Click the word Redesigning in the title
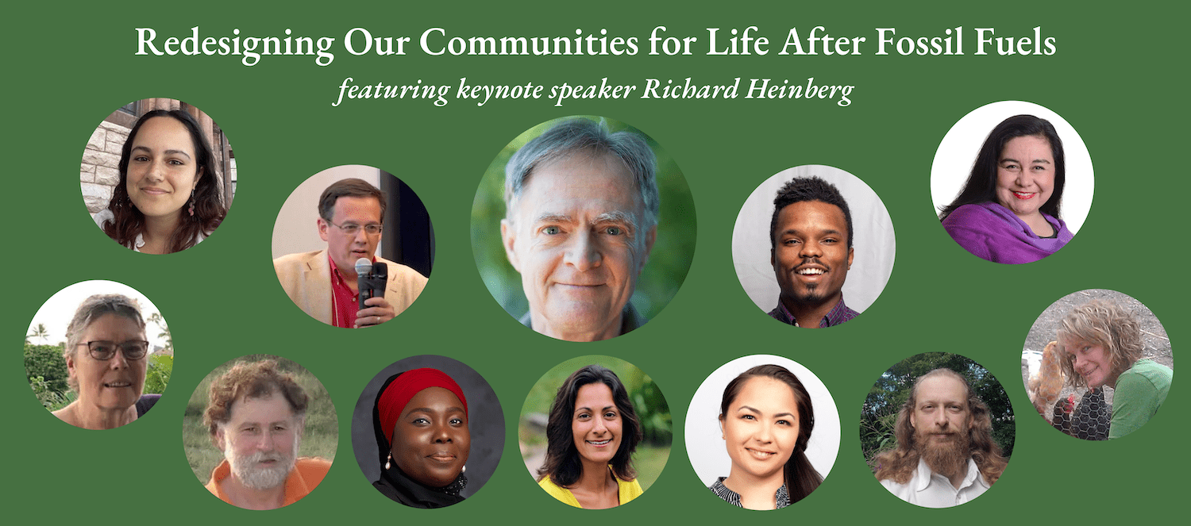(234, 44)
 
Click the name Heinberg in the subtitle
(800, 90)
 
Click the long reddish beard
(943, 451)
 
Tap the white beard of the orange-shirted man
(260, 467)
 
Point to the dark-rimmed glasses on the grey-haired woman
(113, 350)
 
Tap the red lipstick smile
(1023, 195)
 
